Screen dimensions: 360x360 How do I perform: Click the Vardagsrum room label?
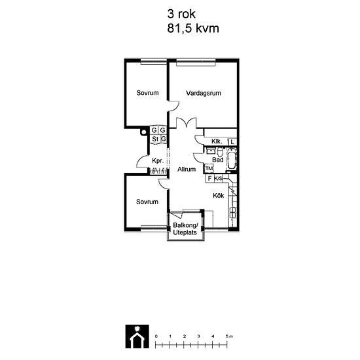[204, 93]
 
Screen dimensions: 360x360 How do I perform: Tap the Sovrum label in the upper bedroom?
[147, 93]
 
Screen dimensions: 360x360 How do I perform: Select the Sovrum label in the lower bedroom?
[147, 202]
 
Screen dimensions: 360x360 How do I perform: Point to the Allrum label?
[187, 170]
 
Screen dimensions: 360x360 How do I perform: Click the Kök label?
[219, 196]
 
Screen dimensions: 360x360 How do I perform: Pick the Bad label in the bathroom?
[218, 160]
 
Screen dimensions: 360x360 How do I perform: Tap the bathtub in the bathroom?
[231, 159]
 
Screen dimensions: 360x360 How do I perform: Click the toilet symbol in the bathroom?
[220, 152]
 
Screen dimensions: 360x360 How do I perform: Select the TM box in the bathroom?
[209, 168]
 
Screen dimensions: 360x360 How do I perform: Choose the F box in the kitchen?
[209, 178]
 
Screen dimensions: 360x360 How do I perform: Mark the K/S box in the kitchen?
[219, 179]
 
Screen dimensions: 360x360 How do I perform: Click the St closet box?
[155, 139]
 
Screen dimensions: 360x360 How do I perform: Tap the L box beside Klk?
[232, 142]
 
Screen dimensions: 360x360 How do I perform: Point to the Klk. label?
[217, 141]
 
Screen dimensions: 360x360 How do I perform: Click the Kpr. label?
[158, 161]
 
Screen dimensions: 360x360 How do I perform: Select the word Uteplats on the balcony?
[185, 232]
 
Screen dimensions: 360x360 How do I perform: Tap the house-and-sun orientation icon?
[137, 336]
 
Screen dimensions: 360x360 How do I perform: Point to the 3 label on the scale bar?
[198, 336]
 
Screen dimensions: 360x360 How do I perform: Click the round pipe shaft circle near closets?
[144, 132]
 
